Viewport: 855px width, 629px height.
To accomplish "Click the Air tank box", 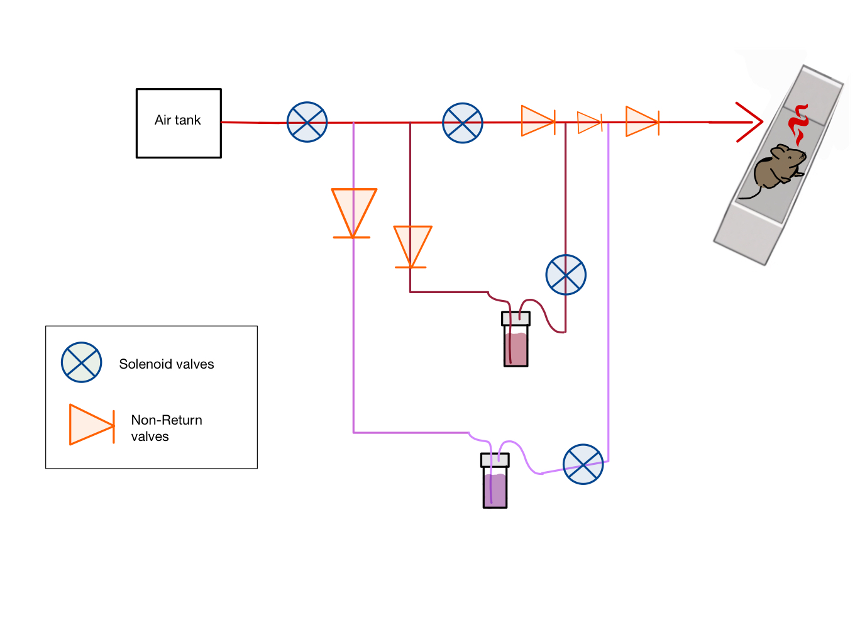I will [179, 123].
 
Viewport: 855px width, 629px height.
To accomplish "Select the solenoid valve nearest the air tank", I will [307, 122].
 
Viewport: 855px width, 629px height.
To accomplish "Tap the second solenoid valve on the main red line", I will [462, 123].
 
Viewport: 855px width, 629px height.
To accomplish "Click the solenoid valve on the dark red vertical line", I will [566, 275].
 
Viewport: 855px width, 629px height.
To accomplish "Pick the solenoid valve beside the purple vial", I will [583, 464].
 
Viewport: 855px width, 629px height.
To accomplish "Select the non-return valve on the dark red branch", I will [412, 246].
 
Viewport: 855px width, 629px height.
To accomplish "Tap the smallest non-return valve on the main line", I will [589, 122].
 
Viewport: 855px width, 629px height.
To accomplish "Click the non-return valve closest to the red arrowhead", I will [642, 121].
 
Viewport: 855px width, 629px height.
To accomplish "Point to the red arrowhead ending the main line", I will [751, 122].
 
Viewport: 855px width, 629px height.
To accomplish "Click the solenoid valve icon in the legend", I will [82, 362].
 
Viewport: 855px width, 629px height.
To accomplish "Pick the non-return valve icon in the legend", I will [92, 425].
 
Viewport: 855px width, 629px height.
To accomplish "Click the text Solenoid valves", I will [167, 364].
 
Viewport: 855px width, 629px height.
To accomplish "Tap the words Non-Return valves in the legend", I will [167, 428].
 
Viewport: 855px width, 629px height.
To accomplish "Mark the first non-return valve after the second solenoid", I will [538, 121].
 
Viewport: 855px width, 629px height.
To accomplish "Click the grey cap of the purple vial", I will [495, 460].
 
